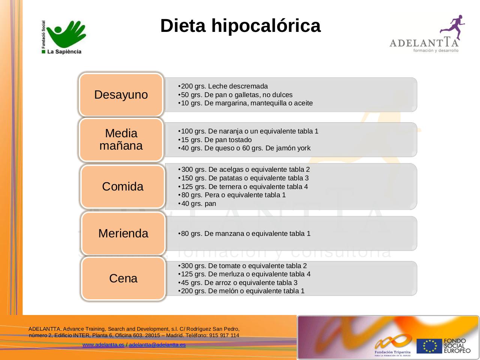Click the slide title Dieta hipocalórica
240,26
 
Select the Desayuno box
121,94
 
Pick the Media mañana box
121,139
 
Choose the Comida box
123,186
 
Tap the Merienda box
123,233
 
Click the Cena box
123,278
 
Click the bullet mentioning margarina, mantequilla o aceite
246,103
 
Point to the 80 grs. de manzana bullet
246,234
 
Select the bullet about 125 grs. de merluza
246,274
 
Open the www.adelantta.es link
103,345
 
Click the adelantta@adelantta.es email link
157,345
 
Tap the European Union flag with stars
429,346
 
